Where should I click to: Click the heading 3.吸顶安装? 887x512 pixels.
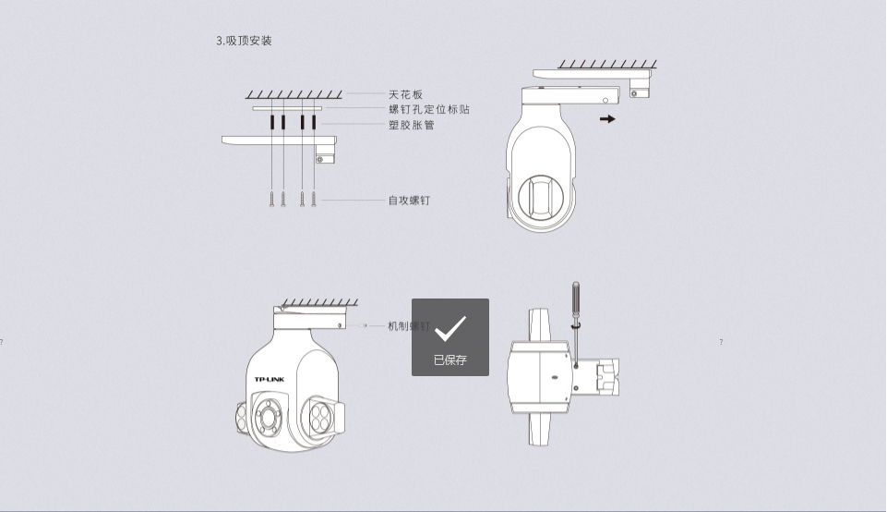coord(244,41)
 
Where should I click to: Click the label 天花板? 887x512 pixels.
coord(405,94)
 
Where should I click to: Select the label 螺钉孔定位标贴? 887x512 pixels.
coord(429,109)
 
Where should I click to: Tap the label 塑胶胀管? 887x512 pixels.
coord(412,125)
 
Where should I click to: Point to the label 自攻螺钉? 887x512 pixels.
coord(409,200)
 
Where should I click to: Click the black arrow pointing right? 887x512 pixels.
coord(606,118)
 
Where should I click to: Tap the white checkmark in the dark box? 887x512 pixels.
coord(449,328)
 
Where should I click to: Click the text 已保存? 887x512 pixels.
coord(449,360)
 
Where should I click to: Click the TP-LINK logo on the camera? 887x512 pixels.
coord(270,380)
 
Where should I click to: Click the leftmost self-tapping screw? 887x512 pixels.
coord(272,198)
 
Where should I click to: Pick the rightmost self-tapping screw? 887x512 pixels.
coord(314,198)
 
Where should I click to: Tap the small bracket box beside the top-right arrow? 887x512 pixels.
coord(640,86)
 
